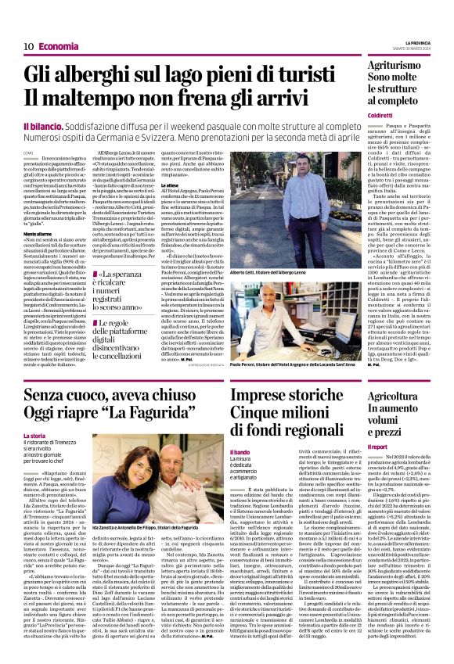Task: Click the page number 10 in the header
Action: pyautogui.click(x=27, y=46)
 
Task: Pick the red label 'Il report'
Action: pyautogui.click(x=378, y=446)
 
